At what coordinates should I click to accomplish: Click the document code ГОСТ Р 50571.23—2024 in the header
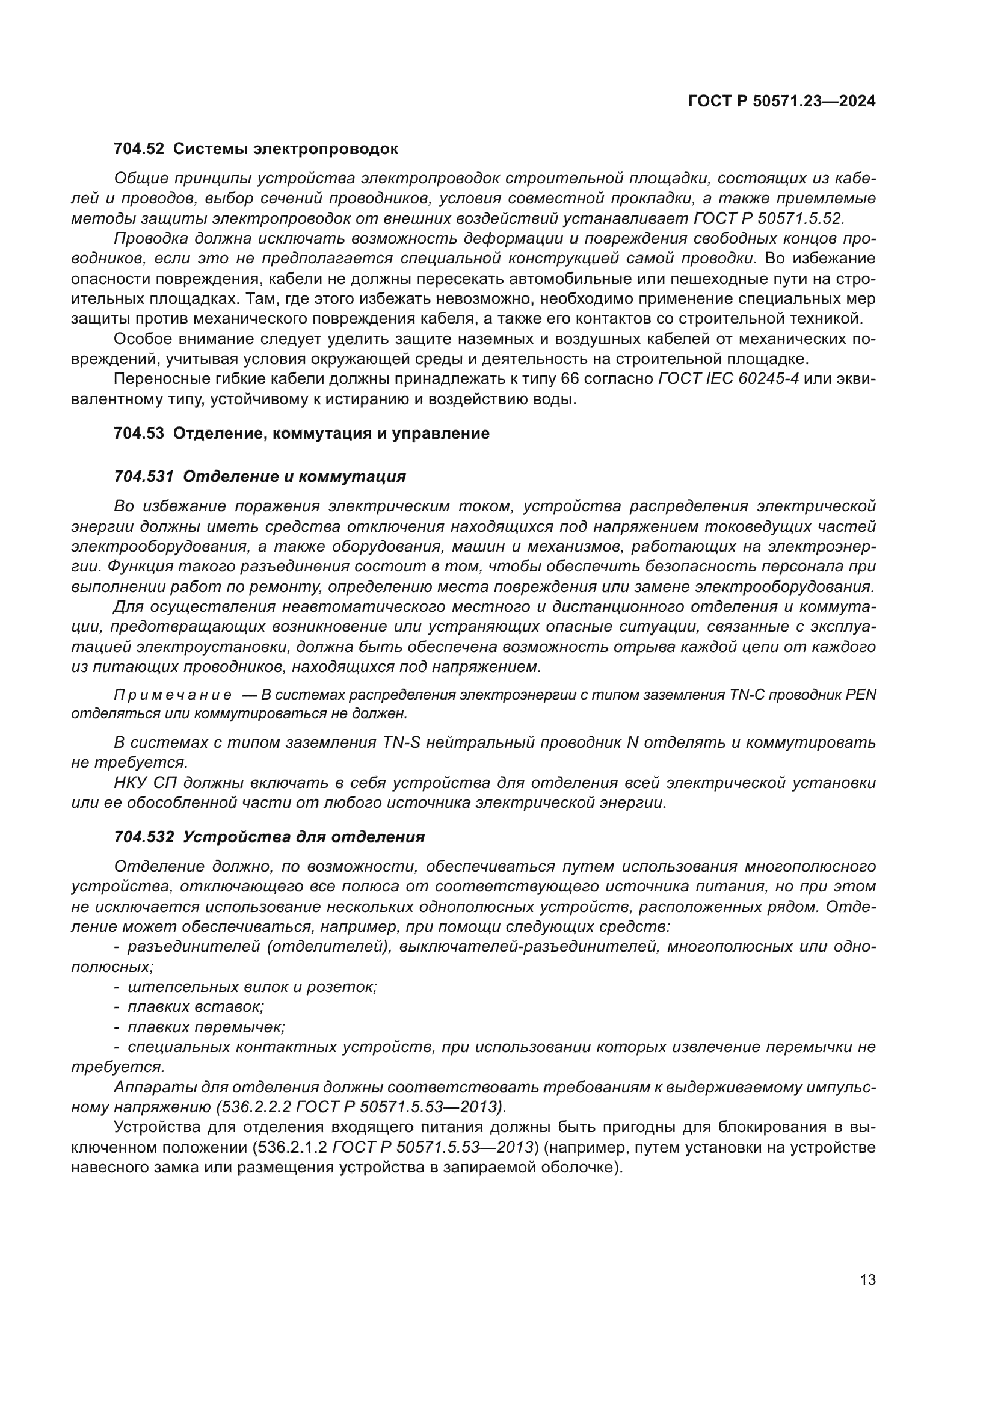click(782, 102)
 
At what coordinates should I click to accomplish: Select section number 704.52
click(138, 149)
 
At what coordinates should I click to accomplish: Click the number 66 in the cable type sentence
click(568, 380)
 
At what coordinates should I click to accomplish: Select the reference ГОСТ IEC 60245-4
click(728, 380)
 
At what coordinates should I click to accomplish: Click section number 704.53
click(138, 433)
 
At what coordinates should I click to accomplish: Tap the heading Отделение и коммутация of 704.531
click(294, 476)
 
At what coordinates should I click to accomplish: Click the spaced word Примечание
click(173, 695)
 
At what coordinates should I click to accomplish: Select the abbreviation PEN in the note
click(861, 695)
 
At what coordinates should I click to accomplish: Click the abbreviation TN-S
click(401, 743)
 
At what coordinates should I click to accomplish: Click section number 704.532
click(143, 837)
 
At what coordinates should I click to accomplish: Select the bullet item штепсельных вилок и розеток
click(252, 987)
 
